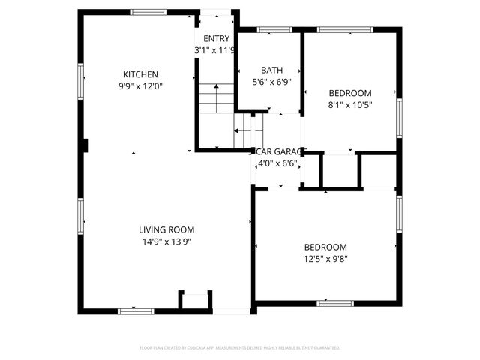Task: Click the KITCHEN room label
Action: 140,74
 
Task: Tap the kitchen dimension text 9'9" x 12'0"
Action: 140,85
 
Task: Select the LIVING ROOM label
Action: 166,229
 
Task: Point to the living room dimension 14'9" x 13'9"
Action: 166,241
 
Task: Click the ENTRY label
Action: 217,39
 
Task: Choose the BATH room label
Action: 271,70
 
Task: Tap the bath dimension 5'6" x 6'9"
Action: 271,82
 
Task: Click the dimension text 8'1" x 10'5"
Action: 350,105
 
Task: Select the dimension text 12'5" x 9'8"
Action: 325,259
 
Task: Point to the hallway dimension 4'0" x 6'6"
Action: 276,163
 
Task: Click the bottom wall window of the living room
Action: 131,310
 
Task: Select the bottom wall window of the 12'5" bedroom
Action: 335,303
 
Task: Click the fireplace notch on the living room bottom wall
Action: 194,300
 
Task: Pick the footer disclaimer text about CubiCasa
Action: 240,348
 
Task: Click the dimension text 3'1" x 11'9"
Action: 215,50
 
